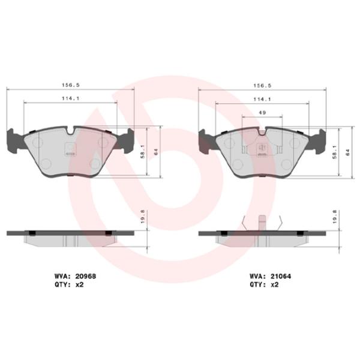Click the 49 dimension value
point(262,113)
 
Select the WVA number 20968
point(87,276)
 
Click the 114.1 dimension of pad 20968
point(71,99)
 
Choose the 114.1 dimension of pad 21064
point(262,99)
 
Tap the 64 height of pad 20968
point(157,152)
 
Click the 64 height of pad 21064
point(349,152)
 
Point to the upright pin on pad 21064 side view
point(262,223)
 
